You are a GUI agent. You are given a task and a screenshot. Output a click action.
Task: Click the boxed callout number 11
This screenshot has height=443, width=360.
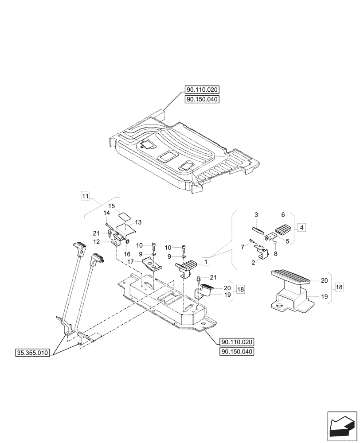[86, 195]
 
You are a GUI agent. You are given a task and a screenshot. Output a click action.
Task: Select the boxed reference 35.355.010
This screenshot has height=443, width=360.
[34, 353]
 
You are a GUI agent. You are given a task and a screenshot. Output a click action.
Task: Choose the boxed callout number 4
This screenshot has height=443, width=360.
[301, 227]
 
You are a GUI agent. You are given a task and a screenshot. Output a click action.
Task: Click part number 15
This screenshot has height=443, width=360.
[112, 206]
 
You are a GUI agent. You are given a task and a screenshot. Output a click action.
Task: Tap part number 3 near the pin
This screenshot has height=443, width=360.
[256, 215]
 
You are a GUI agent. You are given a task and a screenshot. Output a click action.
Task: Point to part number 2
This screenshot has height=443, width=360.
[254, 262]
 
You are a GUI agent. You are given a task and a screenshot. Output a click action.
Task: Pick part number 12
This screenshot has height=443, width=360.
[103, 241]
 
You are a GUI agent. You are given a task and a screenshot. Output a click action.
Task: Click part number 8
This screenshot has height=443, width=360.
[276, 254]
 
